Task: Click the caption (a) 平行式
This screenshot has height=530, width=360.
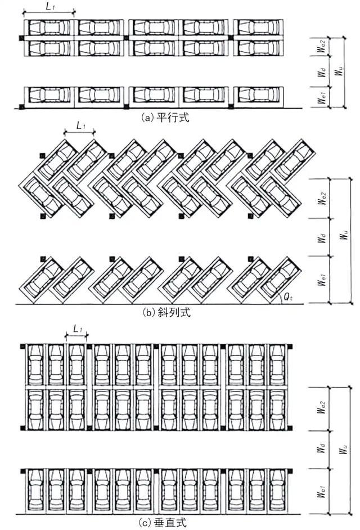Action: pyautogui.click(x=165, y=117)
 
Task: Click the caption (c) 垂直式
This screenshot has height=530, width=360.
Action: pyautogui.click(x=163, y=523)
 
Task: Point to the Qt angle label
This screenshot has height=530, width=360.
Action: pyautogui.click(x=288, y=298)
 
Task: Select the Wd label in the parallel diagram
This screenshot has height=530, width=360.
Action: pyautogui.click(x=322, y=71)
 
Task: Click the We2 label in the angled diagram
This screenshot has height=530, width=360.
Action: pyautogui.click(x=322, y=198)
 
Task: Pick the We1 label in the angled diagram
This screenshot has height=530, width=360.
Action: pyautogui.click(x=322, y=280)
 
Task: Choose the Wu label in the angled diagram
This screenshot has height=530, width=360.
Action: pyautogui.click(x=344, y=234)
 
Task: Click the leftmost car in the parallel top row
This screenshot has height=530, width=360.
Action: pyautogui.click(x=49, y=28)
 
